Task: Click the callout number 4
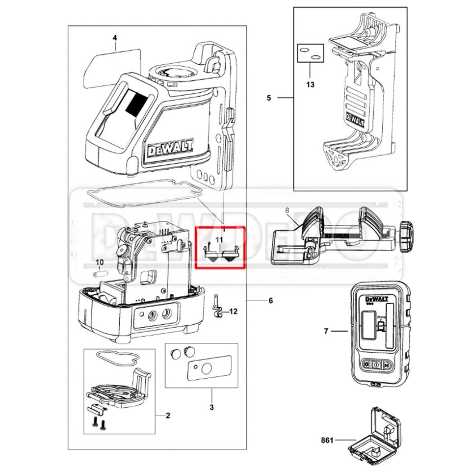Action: tap(114, 37)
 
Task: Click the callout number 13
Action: tap(310, 84)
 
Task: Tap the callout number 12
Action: tap(233, 312)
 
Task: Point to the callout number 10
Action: tap(100, 262)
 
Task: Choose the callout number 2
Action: tap(168, 416)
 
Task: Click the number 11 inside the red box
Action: tap(220, 239)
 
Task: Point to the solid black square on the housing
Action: tap(136, 105)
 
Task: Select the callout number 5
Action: tap(269, 98)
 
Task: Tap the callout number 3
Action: tap(212, 407)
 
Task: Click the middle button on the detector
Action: tap(376, 365)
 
